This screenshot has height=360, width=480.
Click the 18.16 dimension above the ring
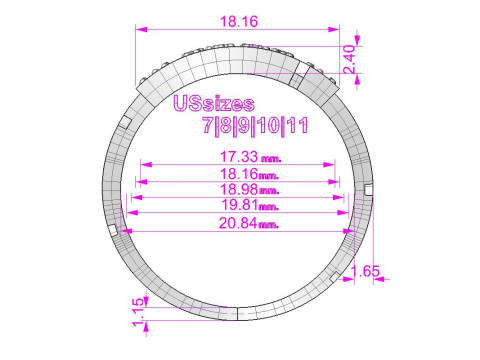[239, 22]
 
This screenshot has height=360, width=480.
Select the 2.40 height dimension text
[349, 59]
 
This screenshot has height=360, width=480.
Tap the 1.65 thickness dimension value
[365, 271]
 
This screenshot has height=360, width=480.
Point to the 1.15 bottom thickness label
[139, 312]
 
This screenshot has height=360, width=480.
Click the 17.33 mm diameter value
[251, 156]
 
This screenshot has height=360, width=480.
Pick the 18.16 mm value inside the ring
[249, 174]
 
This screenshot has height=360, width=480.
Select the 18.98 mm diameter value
[249, 189]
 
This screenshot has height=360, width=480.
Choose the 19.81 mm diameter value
[250, 204]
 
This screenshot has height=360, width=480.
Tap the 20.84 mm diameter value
[249, 223]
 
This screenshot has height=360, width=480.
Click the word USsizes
[214, 104]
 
